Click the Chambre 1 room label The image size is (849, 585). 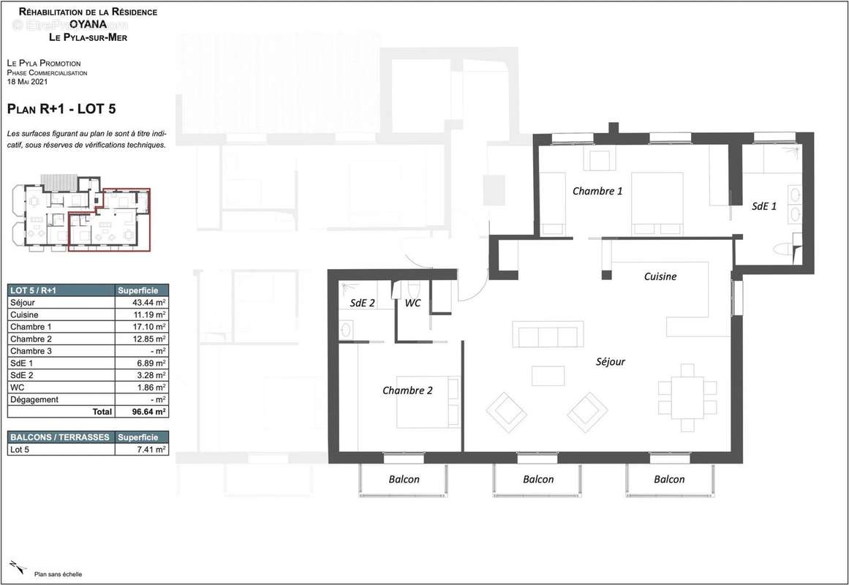tap(597, 191)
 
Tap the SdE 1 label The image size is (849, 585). tap(764, 207)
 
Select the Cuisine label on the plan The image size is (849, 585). tap(660, 276)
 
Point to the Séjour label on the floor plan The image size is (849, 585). tap(610, 361)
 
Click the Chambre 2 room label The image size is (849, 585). tap(407, 390)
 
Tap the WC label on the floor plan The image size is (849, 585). tap(412, 303)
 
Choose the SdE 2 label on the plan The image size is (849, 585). tap(362, 303)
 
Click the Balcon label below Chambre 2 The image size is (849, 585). tap(404, 479)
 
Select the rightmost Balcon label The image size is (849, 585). tap(669, 479)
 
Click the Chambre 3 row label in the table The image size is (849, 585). tap(30, 351)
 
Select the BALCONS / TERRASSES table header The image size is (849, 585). tap(60, 437)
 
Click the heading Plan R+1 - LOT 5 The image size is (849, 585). tap(61, 109)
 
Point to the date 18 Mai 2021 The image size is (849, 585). tap(26, 81)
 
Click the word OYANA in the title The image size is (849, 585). tap(87, 24)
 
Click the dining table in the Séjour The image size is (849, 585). tap(687, 397)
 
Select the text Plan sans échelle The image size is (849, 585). tap(58, 574)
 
